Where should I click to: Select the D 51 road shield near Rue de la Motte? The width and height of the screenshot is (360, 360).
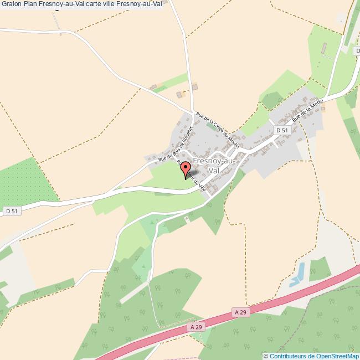pyautogui.click(x=282, y=130)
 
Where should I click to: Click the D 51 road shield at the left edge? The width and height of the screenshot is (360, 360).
pyautogui.click(x=11, y=211)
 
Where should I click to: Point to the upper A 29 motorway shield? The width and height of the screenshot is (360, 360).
pyautogui.click(x=240, y=312)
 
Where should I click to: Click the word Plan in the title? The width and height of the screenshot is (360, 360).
pyautogui.click(x=32, y=4)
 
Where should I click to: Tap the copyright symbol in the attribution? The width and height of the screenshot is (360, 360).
pyautogui.click(x=266, y=356)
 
